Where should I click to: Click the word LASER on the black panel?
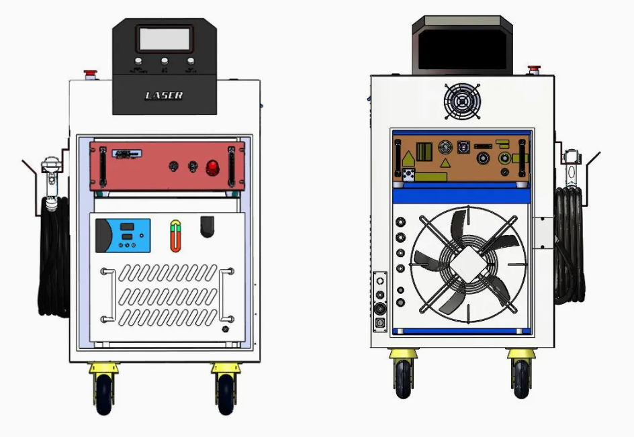tap(164, 95)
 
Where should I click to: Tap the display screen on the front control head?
tap(165, 39)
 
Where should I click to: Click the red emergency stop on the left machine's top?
tap(89, 72)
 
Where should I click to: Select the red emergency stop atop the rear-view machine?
tap(535, 68)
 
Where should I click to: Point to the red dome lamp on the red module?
tap(213, 166)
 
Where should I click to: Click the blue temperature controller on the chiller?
tap(124, 235)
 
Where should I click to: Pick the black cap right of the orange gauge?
tap(208, 226)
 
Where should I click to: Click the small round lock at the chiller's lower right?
tap(225, 330)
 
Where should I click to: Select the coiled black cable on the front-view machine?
tap(54, 255)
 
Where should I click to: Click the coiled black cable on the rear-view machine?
tap(570, 245)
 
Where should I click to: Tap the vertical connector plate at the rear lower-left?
tap(381, 301)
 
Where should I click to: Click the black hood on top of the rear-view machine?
tap(461, 44)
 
